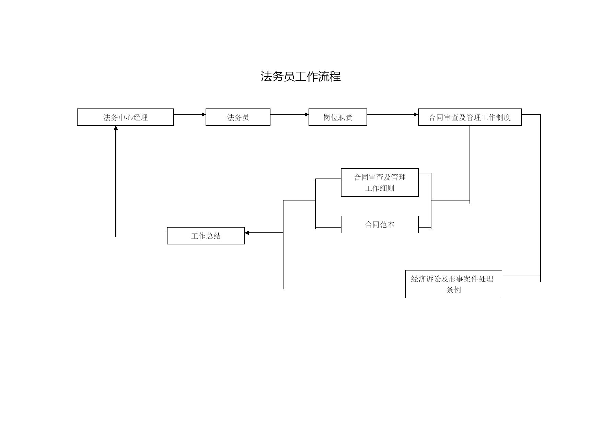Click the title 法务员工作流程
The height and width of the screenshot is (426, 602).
coord(301,76)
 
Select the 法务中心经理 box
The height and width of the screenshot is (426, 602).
coord(125,117)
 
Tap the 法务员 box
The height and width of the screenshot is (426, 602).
coord(238,117)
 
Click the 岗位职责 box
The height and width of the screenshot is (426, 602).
coord(338,117)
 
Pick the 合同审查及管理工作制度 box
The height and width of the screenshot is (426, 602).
coord(470,117)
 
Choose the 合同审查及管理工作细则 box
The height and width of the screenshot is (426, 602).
coord(380,182)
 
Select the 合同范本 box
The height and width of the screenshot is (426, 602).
coord(380,224)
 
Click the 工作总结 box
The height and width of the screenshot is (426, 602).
coord(206,236)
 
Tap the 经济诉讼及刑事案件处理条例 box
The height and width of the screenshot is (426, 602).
coord(453,284)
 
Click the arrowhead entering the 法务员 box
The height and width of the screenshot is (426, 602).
coord(204,114)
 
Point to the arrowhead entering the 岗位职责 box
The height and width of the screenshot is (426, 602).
coord(307,114)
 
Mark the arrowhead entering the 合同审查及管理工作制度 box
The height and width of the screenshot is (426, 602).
coord(416,114)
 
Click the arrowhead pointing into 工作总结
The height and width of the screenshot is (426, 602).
coord(247,233)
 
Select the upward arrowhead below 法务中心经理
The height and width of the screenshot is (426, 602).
coord(116,128)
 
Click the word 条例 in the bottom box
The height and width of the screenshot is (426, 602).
coord(453,290)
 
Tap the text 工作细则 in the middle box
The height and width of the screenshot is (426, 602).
coord(380,188)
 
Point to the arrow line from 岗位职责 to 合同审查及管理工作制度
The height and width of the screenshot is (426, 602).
coord(393,114)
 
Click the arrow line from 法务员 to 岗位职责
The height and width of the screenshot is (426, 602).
coord(290,114)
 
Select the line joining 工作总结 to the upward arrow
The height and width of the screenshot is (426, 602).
coord(141,233)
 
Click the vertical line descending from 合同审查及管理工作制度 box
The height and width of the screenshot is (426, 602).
coord(470,165)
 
